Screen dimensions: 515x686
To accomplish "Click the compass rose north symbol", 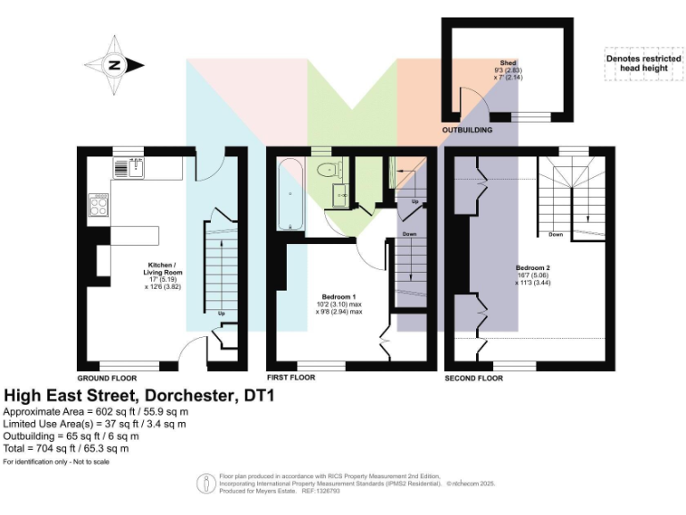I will tap(113, 65).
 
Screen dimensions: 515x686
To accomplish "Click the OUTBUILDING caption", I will tap(467, 131).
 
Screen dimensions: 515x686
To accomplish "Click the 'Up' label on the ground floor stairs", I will tap(220, 314).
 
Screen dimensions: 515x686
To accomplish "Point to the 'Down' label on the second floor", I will tap(556, 235).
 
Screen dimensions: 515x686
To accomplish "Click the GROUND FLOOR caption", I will tap(105, 378).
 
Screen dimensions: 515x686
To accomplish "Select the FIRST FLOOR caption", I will tap(291, 378).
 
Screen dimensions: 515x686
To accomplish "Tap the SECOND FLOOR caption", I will tap(474, 378).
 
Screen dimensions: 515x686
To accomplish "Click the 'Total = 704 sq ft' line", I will tap(67, 448).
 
